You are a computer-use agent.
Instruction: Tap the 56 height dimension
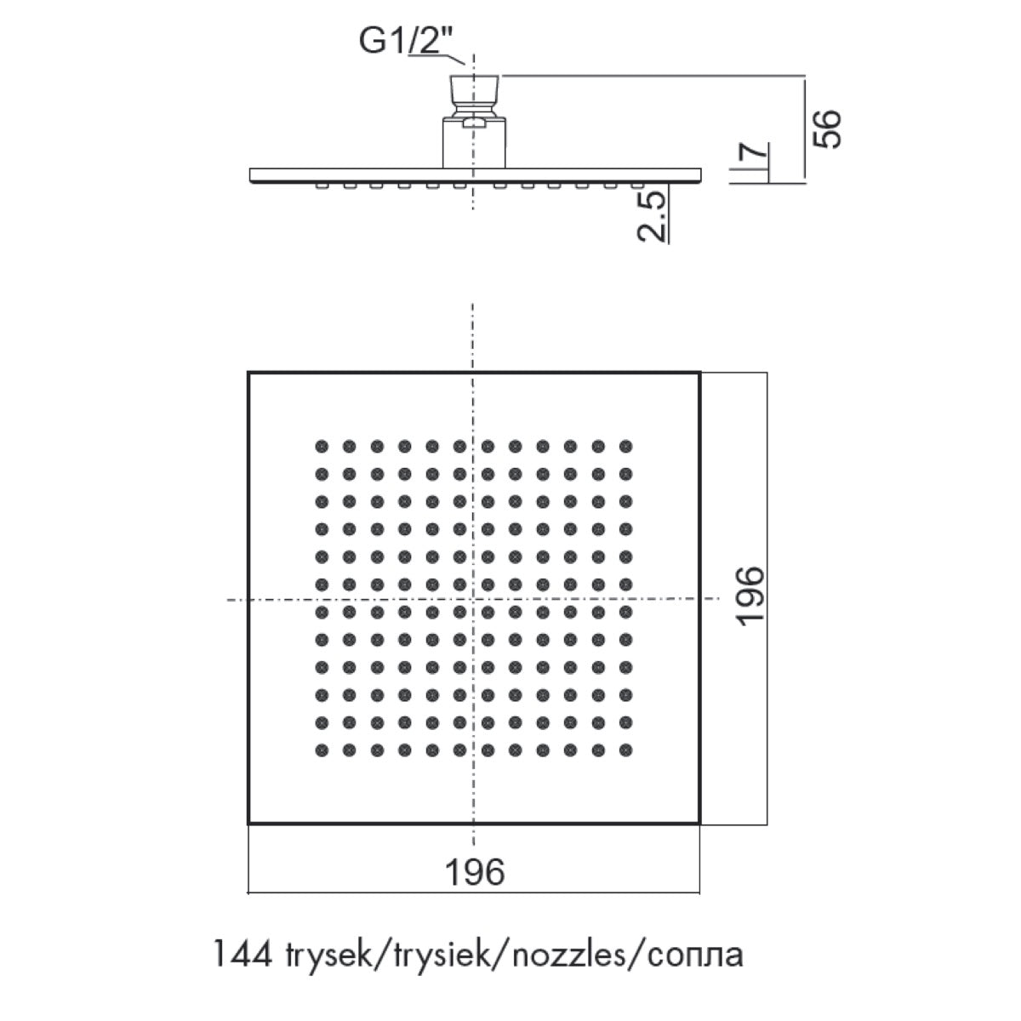point(827,128)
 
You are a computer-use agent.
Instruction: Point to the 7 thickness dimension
point(755,150)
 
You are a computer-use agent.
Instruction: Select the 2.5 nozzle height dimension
point(651,216)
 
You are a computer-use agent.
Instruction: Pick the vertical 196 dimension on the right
point(751,596)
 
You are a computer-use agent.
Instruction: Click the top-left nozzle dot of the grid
point(322,446)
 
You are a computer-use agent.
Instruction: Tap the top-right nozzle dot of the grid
point(625,446)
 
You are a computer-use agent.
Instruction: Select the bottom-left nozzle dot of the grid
point(322,750)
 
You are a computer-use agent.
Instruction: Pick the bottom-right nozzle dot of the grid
point(625,750)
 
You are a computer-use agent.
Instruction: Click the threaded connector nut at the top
point(474,95)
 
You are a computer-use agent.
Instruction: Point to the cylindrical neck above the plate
point(474,143)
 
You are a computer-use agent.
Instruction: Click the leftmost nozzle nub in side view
point(321,185)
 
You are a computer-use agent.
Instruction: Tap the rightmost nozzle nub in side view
point(636,185)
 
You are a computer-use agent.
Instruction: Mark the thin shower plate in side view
point(476,176)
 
